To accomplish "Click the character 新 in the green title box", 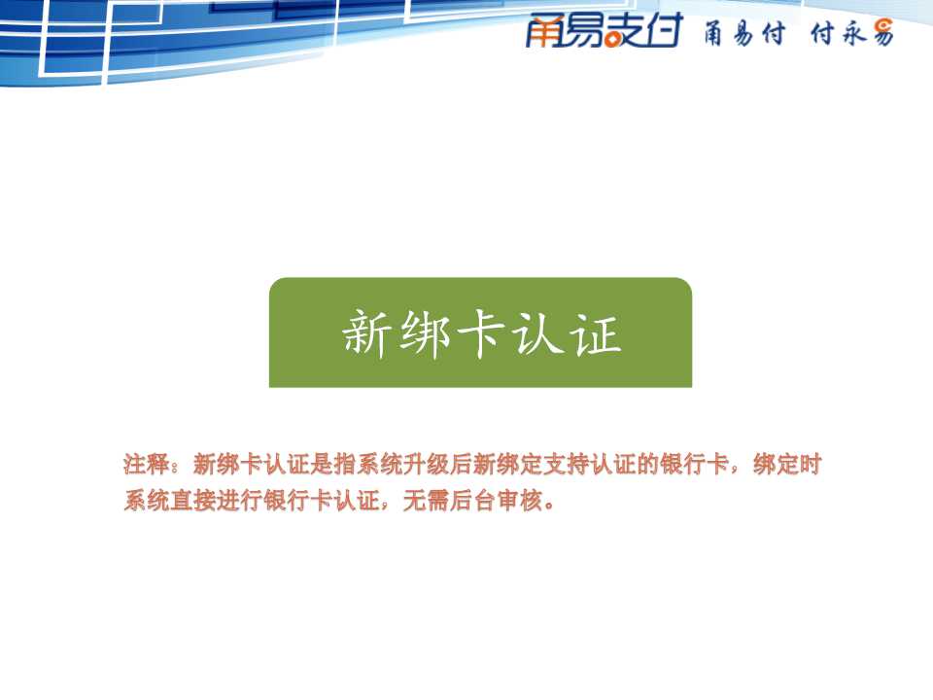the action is click(366, 333).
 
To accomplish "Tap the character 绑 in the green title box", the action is click(424, 333).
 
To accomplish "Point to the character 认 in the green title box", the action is click(537, 333).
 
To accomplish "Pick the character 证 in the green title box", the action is click(595, 333).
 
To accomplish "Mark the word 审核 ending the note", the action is click(519, 501).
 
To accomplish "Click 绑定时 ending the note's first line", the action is click(786, 465).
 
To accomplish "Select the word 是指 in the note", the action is click(333, 465).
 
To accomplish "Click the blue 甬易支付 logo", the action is click(604, 30).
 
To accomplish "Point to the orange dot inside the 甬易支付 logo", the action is click(611, 41).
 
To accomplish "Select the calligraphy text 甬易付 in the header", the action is click(744, 33).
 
